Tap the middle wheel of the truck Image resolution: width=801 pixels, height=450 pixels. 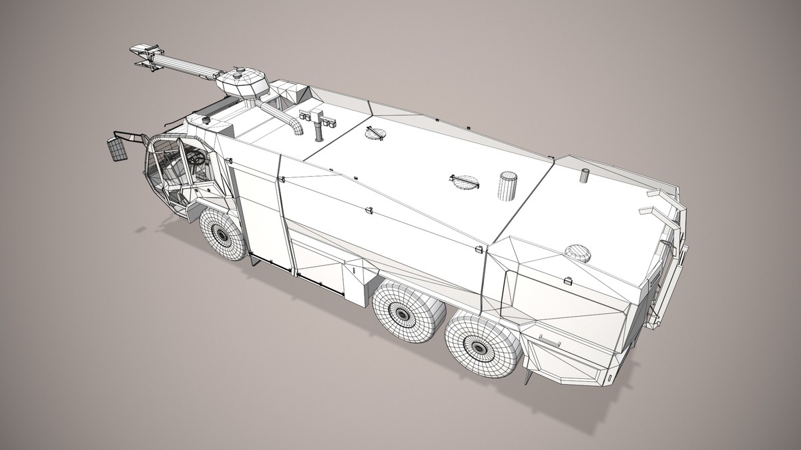(x=402, y=312)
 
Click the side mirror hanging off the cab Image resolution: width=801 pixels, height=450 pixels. (x=117, y=149)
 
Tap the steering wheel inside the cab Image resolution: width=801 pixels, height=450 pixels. (x=196, y=158)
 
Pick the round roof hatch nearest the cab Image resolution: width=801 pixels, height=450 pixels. (x=375, y=134)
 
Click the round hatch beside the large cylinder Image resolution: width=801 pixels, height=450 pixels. (x=464, y=181)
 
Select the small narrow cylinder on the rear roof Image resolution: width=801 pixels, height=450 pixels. (x=585, y=175)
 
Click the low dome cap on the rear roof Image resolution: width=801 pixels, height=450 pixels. (x=578, y=253)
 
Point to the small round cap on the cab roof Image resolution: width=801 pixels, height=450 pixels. (x=206, y=120)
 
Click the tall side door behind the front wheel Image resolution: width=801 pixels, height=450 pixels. (x=257, y=213)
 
